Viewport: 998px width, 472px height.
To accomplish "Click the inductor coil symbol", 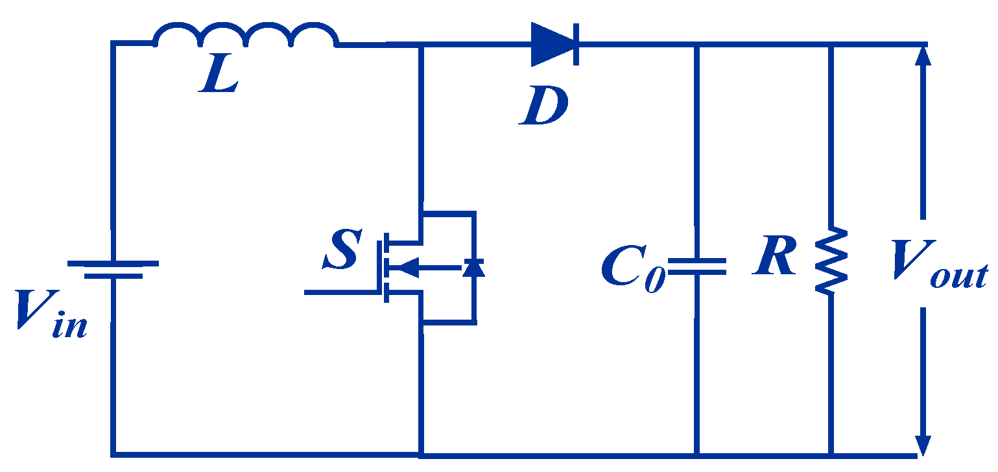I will (x=245, y=36).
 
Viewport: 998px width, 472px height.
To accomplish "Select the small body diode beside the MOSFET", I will (x=473, y=266).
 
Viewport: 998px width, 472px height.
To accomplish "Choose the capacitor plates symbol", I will (x=697, y=266).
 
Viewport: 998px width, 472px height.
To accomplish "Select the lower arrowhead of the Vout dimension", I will (x=923, y=445).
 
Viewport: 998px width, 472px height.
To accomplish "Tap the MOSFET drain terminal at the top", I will (x=422, y=214).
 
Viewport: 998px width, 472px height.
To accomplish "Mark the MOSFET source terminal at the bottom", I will (x=422, y=321).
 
